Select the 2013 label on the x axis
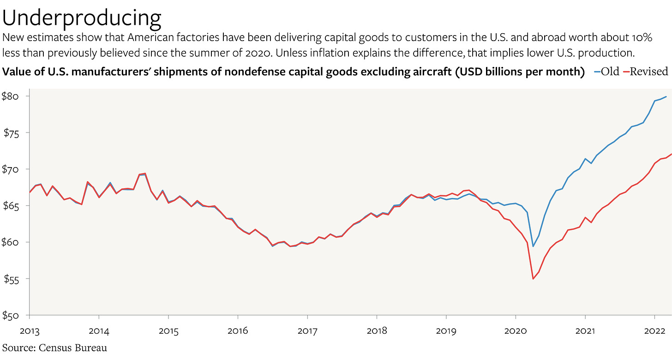coord(29,331)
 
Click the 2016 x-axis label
coord(237,331)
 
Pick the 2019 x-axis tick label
coord(445,331)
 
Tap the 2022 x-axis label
coord(654,331)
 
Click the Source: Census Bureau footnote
coord(55,348)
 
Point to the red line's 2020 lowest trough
coord(533,279)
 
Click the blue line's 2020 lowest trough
coord(533,246)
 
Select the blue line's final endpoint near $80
coord(666,96)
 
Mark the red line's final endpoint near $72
coord(671,154)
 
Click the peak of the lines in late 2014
coord(145,174)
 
